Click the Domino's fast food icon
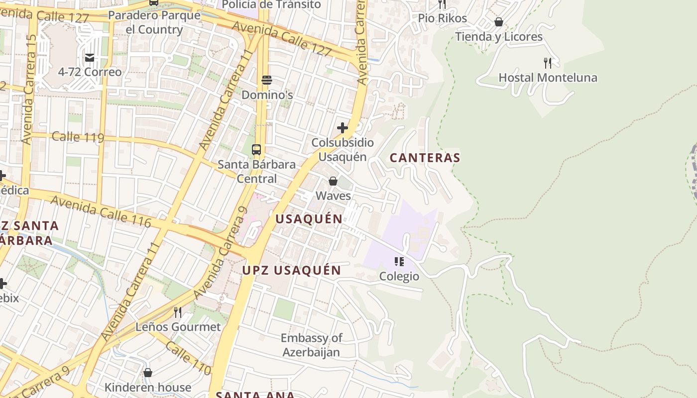click(266, 80)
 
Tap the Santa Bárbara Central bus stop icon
click(256, 149)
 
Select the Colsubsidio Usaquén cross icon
click(343, 128)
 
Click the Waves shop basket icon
click(333, 181)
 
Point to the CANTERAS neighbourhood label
click(425, 158)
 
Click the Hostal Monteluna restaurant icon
click(548, 63)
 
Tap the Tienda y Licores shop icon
click(498, 22)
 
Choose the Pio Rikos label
click(442, 18)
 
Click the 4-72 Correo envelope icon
click(90, 58)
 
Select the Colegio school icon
click(399, 261)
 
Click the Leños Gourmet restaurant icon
click(177, 312)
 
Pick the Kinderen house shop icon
click(147, 373)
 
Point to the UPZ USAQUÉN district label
click(291, 271)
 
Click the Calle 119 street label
click(78, 137)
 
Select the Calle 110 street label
click(188, 358)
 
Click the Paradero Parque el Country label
click(154, 22)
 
